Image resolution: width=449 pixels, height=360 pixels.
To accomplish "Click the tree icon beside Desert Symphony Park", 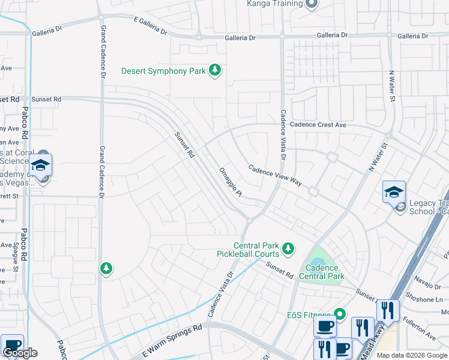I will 215,71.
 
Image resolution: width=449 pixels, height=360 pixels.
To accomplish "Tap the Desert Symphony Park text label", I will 163,71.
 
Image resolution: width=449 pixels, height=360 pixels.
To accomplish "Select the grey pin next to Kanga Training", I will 311,4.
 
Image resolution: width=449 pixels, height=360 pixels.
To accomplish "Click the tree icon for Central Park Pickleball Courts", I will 288,248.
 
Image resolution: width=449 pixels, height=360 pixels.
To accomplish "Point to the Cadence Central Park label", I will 325,272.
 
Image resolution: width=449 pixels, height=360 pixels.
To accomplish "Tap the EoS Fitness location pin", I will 340,314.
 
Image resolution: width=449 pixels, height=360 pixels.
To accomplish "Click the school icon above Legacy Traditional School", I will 394,192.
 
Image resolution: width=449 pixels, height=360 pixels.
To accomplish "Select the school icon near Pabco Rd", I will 41,165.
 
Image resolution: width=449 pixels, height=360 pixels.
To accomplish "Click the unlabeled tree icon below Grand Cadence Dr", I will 106,268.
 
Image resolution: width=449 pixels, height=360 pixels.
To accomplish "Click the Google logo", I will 20,353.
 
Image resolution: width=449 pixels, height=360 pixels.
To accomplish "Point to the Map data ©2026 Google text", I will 411,355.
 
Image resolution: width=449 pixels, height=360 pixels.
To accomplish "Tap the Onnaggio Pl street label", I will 230,181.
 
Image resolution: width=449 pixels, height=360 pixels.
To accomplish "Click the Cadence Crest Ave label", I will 318,125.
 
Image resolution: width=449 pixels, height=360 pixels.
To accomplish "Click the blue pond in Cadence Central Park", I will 325,262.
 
